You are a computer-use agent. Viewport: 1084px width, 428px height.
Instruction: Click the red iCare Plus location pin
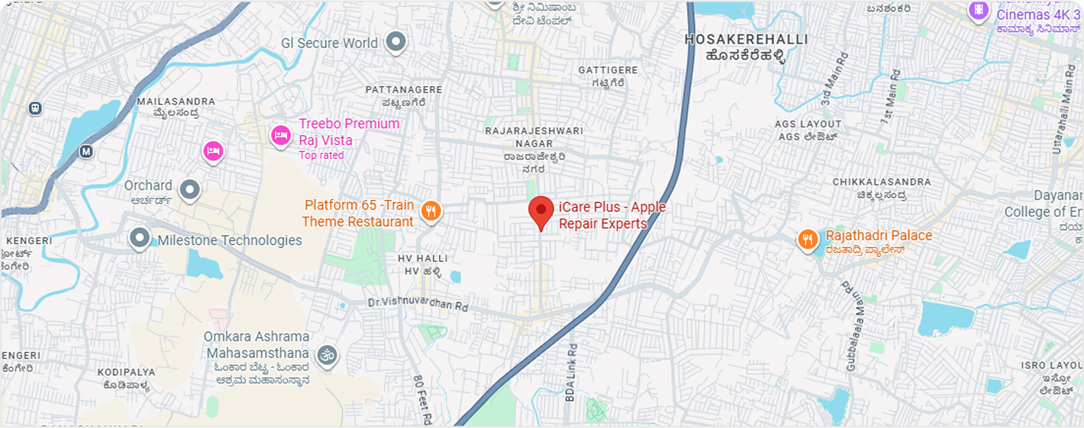541,211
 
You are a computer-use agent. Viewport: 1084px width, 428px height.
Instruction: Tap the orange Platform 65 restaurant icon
431,211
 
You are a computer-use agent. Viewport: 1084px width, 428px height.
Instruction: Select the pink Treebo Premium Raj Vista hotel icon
281,136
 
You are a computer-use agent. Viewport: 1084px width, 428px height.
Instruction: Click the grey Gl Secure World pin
395,43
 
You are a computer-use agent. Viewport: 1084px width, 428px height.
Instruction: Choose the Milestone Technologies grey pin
139,239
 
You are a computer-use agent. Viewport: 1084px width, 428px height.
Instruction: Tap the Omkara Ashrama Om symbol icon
327,356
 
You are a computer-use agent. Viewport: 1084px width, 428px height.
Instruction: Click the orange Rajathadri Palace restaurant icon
808,240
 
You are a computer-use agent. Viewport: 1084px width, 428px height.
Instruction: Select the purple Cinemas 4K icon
977,11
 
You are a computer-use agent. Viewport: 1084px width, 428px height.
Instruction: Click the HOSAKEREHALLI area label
735,39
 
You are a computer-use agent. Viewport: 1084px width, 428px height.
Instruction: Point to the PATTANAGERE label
403,90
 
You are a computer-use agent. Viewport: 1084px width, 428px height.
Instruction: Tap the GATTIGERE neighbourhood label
602,70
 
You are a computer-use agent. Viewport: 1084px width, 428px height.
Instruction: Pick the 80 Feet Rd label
422,399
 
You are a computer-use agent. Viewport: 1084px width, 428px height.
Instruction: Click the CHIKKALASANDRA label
882,182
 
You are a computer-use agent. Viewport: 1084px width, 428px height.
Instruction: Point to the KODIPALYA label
126,372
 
